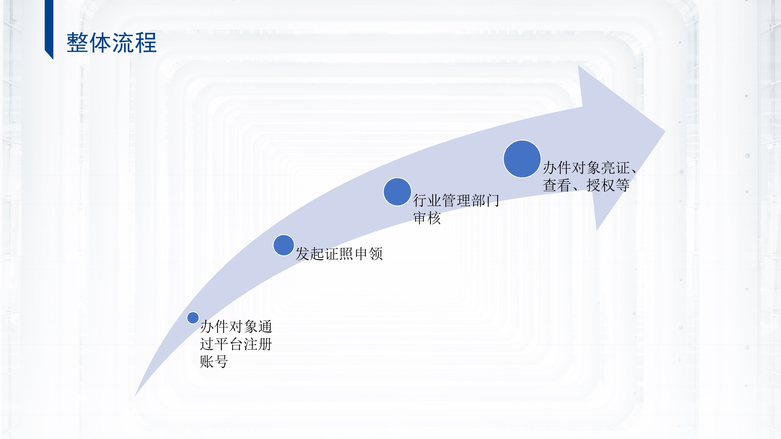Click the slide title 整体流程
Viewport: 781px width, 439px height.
click(112, 43)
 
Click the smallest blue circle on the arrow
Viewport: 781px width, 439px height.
click(193, 318)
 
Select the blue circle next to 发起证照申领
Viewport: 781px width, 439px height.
click(284, 245)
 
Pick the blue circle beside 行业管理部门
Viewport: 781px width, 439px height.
click(397, 192)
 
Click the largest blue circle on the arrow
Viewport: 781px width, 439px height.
click(522, 159)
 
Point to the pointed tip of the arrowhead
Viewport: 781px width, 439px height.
click(665, 131)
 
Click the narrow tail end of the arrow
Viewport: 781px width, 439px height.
click(135, 395)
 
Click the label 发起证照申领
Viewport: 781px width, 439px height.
click(339, 254)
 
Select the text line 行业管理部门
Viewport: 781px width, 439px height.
click(456, 200)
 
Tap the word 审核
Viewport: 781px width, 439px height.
click(427, 218)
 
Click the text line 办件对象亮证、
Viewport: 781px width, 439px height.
click(589, 167)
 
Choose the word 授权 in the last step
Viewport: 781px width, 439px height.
click(601, 185)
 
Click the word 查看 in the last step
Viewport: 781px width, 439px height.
click(557, 185)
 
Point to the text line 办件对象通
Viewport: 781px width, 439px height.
click(236, 327)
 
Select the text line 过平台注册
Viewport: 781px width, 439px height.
click(236, 344)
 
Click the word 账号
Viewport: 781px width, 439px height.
click(214, 362)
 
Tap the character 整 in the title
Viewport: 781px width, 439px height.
click(78, 43)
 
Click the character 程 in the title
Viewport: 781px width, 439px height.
click(146, 43)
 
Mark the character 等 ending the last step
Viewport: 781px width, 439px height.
click(623, 185)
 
